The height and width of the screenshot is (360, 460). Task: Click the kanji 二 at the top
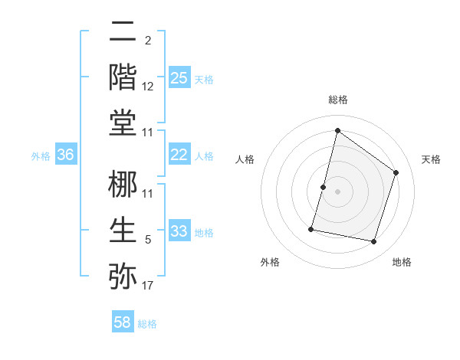123,31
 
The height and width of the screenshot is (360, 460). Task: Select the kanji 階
123,77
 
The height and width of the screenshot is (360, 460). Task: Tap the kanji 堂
123,123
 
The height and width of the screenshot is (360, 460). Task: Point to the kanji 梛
123,184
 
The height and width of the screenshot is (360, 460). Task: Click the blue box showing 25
179,77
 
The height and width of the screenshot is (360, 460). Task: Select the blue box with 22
179,155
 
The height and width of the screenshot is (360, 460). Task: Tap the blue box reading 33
179,231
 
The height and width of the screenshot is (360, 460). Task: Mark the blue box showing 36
66,155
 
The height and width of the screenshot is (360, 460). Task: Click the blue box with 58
123,322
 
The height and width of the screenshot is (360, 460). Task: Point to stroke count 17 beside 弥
148,286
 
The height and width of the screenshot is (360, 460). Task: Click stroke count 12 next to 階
148,87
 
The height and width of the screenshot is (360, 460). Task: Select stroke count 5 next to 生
148,240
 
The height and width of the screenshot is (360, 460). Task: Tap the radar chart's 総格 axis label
337,100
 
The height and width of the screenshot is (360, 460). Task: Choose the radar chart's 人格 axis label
245,159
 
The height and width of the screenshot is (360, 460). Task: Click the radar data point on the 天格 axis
396,172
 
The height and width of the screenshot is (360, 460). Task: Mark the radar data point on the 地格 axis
373,242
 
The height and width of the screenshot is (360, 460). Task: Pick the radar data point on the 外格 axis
311,228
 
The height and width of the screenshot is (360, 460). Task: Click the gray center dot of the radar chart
337,191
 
